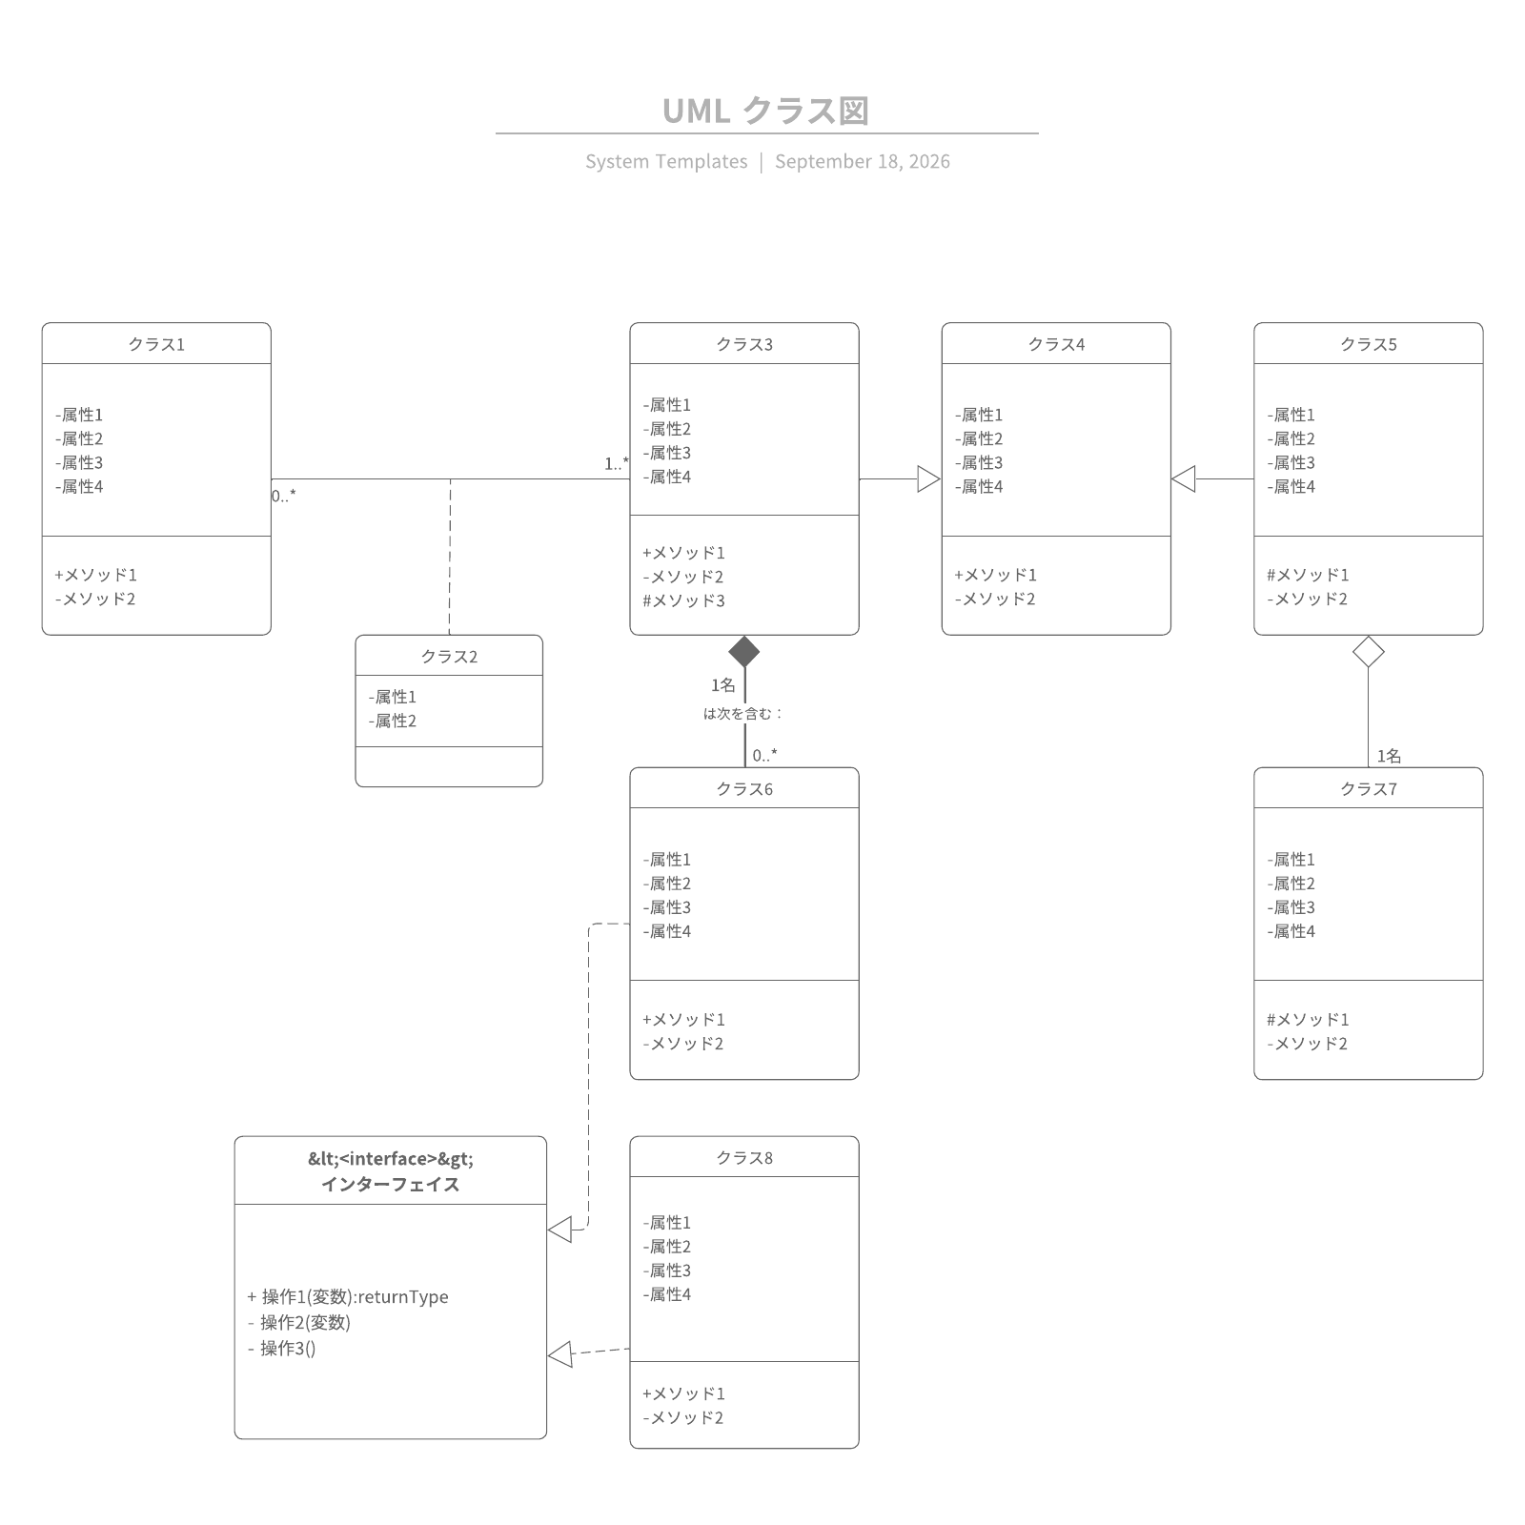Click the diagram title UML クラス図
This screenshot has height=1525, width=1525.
(765, 111)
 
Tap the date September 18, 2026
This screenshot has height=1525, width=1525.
(863, 161)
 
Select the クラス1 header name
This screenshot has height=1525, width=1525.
(156, 344)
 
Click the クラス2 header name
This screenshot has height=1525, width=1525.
(449, 657)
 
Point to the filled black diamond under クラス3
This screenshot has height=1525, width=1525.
(744, 652)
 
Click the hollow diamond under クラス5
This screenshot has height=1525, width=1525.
(1369, 652)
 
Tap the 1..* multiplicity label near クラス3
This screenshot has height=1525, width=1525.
(617, 463)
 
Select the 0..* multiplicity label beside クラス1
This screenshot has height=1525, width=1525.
(284, 496)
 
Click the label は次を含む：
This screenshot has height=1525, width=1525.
(743, 713)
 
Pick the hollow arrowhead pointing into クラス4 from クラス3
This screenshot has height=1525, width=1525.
(929, 479)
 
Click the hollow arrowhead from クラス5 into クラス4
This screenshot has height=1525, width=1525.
(1183, 479)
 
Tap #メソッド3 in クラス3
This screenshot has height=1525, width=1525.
(683, 600)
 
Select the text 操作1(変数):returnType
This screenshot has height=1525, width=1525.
(355, 1296)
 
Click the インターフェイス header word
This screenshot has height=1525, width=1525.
(391, 1185)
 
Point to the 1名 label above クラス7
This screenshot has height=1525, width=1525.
(1389, 756)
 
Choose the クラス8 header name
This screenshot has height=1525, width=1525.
(744, 1158)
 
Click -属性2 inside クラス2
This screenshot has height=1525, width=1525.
(393, 721)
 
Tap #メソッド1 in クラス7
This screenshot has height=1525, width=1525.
(1308, 1020)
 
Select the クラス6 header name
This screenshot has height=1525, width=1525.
(744, 789)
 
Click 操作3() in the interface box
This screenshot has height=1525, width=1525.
(288, 1348)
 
